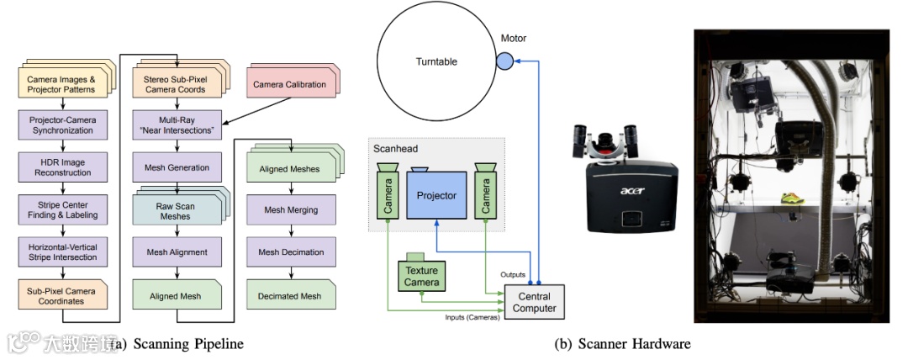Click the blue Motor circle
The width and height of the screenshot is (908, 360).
click(504, 61)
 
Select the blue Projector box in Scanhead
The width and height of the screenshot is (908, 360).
click(436, 195)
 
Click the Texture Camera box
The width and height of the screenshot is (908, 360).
click(420, 276)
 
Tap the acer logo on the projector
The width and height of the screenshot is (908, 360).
click(631, 191)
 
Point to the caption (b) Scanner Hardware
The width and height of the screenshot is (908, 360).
click(622, 343)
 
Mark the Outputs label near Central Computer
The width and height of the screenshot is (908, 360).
click(512, 275)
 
